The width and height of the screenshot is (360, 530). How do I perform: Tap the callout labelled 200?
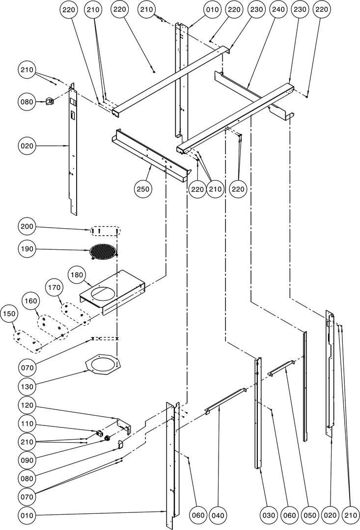[x=27, y=227]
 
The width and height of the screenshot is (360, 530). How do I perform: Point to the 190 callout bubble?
[x=27, y=249]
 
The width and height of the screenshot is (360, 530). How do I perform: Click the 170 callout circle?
[x=55, y=287]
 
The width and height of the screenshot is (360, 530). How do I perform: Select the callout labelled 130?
[x=27, y=386]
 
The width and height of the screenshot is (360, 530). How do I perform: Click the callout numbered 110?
[x=27, y=424]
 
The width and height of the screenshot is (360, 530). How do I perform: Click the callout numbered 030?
[x=268, y=515]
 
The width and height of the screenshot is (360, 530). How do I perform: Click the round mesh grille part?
[x=104, y=251]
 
